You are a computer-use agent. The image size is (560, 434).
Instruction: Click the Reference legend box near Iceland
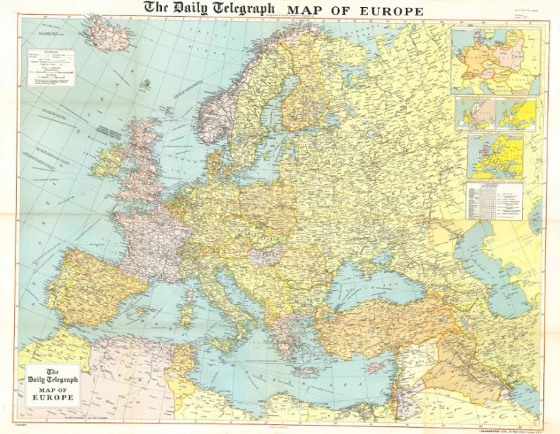51,67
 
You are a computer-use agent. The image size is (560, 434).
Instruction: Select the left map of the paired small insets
475,113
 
